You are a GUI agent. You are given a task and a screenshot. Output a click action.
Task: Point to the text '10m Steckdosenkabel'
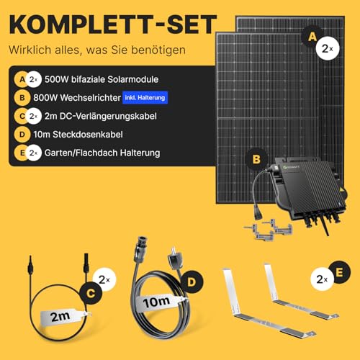pos(80,134)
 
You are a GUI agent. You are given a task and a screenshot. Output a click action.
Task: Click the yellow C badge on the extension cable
pos(90,293)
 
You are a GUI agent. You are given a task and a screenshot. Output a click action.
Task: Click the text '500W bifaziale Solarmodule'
pos(100,78)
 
